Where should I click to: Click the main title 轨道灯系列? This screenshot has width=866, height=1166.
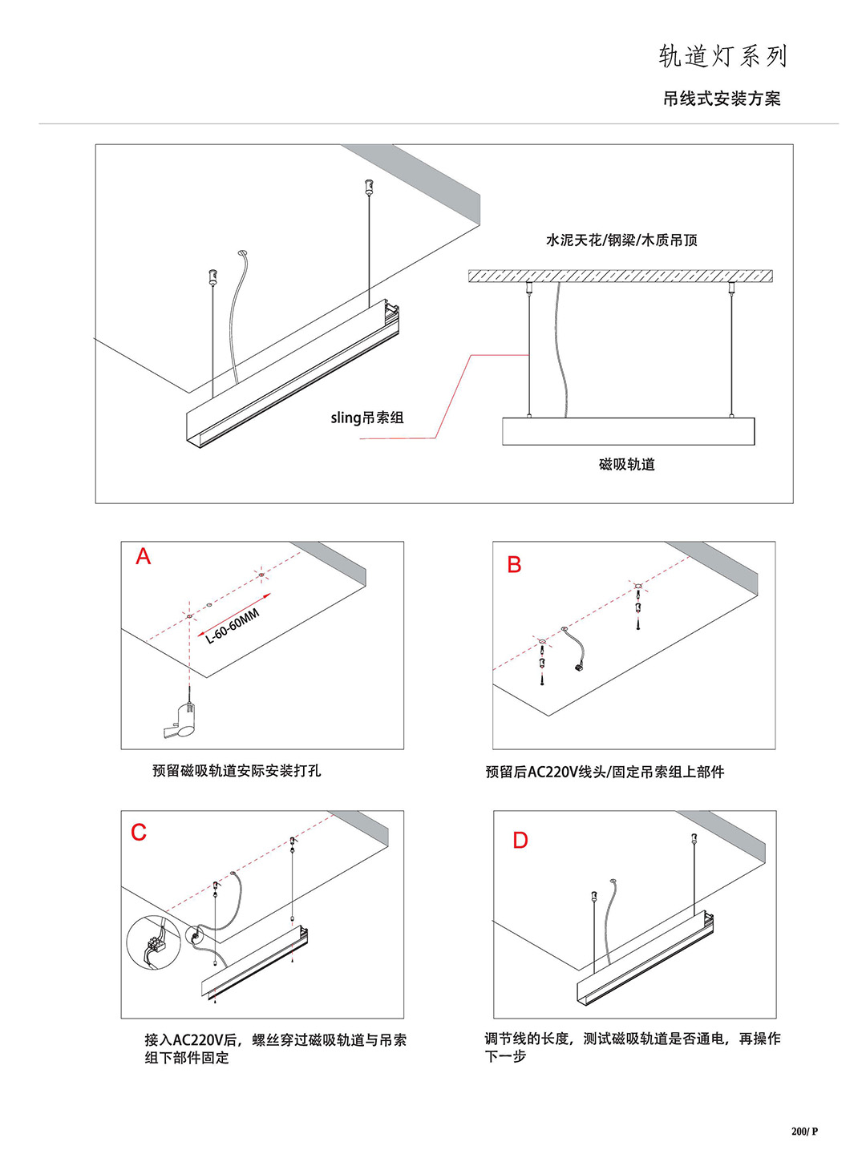point(722,56)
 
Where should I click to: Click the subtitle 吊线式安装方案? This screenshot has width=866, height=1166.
point(721,99)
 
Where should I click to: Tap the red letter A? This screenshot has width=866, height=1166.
point(144,556)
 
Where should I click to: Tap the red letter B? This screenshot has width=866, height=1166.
point(514,565)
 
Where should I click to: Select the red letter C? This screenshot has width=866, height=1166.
point(139,833)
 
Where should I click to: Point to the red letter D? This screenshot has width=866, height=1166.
point(520,841)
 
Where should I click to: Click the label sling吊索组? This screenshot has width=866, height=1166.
point(367,418)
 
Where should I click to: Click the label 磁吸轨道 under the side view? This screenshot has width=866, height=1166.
point(626,465)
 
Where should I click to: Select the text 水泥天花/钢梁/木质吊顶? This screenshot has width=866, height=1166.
point(621,240)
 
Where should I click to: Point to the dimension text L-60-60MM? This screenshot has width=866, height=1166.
point(233,626)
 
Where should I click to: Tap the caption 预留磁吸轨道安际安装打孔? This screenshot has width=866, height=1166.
point(237,771)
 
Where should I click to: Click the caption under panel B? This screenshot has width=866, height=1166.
point(605,772)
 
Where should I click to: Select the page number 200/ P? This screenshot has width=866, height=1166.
point(804,1132)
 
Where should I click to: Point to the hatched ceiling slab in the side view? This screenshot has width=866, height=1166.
point(620,276)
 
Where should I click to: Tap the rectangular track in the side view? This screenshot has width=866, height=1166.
point(628,431)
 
